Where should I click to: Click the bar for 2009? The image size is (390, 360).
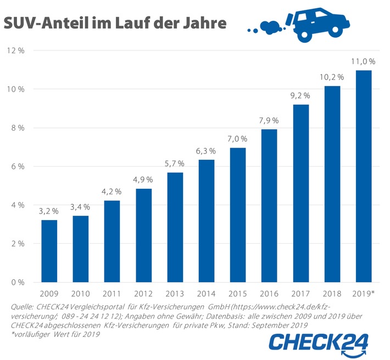[49, 251]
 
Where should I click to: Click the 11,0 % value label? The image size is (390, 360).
[364, 61]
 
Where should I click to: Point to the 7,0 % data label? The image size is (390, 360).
[238, 139]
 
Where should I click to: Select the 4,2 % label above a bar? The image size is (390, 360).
[112, 192]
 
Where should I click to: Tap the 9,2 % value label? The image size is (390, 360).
[301, 96]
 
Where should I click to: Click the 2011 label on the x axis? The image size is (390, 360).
[112, 294]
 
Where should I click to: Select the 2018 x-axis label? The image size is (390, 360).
[332, 294]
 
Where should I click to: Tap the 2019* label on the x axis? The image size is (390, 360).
[365, 294]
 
